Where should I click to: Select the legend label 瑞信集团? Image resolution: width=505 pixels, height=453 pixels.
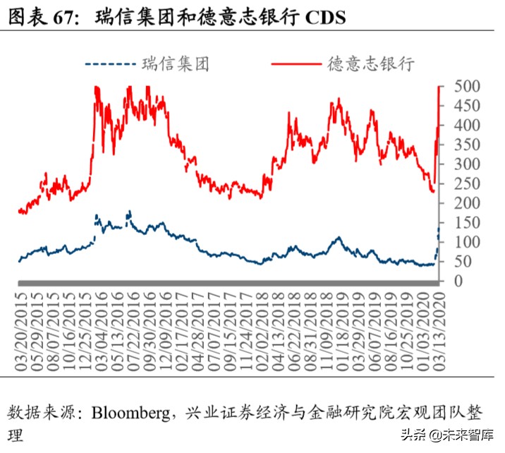pos(175,64)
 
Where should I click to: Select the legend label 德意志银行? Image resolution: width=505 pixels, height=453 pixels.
pos(370,64)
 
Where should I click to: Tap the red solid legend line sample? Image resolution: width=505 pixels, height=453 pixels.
pos(296,64)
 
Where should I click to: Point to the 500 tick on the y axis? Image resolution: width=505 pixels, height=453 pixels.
pos(466,87)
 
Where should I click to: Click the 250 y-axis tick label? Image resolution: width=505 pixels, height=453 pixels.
pos(466,184)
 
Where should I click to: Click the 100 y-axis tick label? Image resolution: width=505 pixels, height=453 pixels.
pos(466,243)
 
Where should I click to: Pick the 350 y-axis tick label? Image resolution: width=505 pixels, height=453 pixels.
pos(466,145)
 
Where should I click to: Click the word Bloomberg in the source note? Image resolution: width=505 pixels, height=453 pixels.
pos(132,412)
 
